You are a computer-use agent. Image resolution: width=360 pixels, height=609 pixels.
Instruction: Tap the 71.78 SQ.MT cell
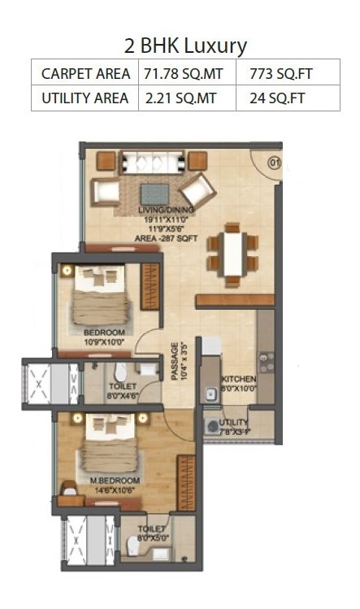click(184, 74)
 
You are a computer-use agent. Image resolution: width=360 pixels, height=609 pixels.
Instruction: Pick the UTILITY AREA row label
click(85, 98)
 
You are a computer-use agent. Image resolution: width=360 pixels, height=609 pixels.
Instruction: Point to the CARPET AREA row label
click(85, 74)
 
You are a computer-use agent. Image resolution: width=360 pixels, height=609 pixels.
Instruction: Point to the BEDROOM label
click(103, 333)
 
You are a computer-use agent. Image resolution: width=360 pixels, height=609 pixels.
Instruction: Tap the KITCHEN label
click(239, 379)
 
